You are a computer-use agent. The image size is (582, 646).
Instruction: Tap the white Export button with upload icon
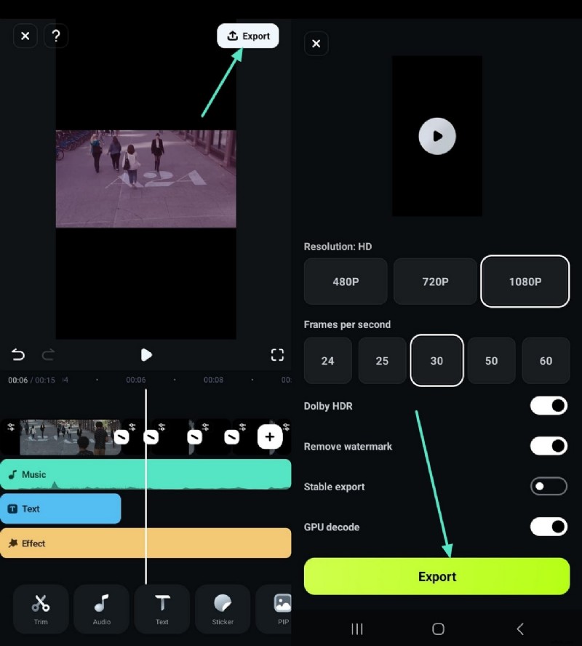tap(247, 36)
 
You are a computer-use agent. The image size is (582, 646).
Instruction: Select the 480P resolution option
tap(346, 282)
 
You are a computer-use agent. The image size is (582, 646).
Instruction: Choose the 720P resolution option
tap(435, 282)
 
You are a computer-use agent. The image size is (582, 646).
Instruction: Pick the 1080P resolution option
tap(525, 282)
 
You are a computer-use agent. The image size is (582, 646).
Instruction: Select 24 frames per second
tap(327, 361)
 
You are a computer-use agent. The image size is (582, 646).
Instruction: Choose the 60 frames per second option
tap(546, 361)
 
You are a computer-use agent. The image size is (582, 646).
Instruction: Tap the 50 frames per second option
tap(491, 361)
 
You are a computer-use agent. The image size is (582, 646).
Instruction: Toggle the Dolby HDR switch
tap(549, 406)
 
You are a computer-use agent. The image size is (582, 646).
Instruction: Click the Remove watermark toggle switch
tap(549, 446)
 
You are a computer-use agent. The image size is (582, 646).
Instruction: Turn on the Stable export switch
tap(549, 487)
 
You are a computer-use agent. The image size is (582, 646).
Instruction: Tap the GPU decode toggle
tap(549, 527)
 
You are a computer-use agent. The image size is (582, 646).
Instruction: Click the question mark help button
tap(56, 36)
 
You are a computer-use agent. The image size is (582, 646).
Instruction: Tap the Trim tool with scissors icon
tap(41, 608)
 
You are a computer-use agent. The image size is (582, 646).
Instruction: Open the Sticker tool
tap(223, 608)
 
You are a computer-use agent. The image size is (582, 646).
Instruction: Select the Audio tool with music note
tap(102, 608)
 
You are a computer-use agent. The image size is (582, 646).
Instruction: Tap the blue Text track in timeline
tap(60, 509)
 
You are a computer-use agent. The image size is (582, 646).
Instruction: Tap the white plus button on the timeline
tap(269, 436)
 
